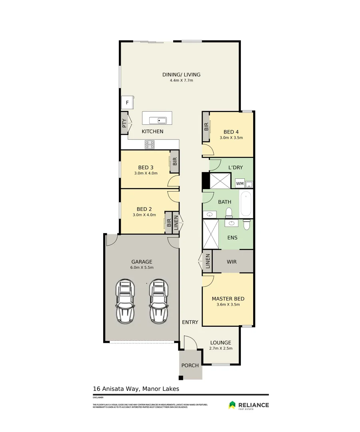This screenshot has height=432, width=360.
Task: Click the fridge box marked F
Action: coord(128,103)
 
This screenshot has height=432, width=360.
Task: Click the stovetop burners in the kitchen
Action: coord(150,144)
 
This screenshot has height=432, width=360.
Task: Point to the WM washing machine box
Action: coord(240,184)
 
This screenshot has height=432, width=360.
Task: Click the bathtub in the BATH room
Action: coord(246,203)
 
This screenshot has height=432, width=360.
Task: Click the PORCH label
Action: coord(190,365)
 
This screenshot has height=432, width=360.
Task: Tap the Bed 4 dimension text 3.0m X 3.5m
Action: coord(231,138)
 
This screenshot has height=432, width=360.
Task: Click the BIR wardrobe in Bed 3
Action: coord(175,161)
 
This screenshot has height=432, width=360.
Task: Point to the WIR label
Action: coord(232,262)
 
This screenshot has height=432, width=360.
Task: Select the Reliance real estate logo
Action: coord(248,406)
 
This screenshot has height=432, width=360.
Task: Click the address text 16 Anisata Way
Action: coord(136,388)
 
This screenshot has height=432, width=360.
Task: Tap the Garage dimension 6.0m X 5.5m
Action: coord(142,268)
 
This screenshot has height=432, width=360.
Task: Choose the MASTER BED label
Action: coord(228,299)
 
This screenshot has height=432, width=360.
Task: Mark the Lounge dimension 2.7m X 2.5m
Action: coord(221,348)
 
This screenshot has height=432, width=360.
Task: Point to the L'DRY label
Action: coord(236,167)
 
